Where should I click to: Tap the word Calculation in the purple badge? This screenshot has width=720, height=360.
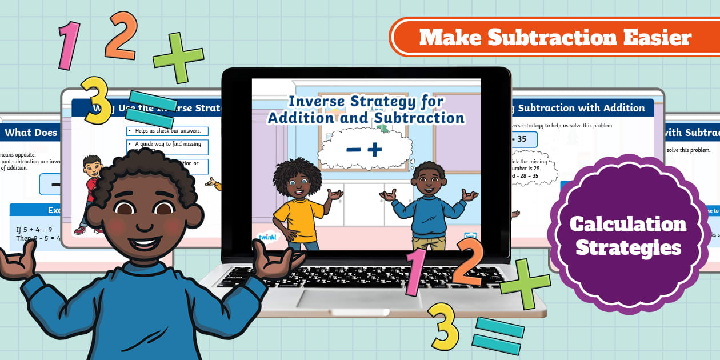[x=628, y=224]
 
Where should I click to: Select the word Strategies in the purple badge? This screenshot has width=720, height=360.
[x=628, y=247]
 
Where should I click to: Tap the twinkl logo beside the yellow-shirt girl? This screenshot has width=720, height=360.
[x=267, y=237]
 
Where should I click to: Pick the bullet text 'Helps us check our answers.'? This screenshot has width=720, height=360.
[x=167, y=131]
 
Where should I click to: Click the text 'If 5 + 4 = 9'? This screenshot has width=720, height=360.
[x=34, y=230]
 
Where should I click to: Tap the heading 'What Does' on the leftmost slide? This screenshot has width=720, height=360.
[x=31, y=133]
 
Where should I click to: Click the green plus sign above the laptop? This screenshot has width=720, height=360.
[x=178, y=57]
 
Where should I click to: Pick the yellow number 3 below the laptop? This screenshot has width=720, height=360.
[x=444, y=326]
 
